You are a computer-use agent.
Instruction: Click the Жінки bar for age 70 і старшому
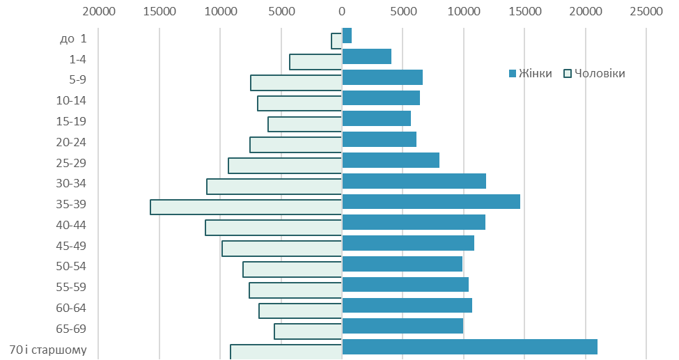(470, 347)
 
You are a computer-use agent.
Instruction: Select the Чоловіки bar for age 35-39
(246, 207)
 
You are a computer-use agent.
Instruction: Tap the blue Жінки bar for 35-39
(431, 201)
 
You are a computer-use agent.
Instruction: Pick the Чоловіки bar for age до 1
(336, 41)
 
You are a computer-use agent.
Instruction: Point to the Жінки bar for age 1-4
(367, 56)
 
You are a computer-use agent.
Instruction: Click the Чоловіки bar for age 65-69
(308, 331)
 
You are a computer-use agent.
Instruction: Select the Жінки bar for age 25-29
(391, 160)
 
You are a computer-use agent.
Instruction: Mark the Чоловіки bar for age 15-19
(305, 125)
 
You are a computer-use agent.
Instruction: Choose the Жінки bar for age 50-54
(403, 264)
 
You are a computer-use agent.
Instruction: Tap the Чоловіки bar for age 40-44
(274, 228)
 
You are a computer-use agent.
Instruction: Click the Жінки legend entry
(531, 73)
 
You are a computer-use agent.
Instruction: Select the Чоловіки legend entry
(594, 73)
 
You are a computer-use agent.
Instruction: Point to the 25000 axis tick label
(646, 11)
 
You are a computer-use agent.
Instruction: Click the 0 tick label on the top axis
(342, 11)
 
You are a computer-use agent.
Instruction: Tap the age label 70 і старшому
(48, 350)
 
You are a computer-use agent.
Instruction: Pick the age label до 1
(73, 38)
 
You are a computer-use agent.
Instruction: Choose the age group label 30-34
(71, 183)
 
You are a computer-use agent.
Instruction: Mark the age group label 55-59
(71, 287)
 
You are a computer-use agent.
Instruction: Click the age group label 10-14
(71, 100)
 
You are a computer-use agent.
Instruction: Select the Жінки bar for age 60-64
(407, 306)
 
